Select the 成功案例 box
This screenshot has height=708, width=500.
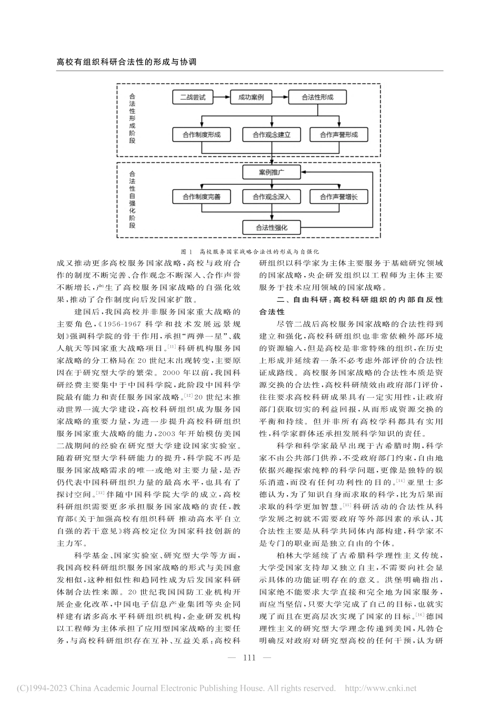click(251, 97)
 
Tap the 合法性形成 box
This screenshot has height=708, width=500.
click(317, 97)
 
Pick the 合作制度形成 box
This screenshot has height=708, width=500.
click(202, 134)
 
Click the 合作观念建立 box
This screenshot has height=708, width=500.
click(271, 134)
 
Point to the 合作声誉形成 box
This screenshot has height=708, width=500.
click(338, 134)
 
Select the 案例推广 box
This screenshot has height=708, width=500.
click(271, 172)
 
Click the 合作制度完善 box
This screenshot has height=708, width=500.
click(202, 197)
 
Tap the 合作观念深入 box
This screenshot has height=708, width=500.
click(271, 197)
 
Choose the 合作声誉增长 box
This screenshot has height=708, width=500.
click(338, 197)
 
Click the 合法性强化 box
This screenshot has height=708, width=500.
click(271, 228)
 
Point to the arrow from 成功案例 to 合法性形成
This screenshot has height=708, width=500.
click(279, 97)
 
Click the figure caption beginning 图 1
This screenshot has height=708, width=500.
click(250, 252)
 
